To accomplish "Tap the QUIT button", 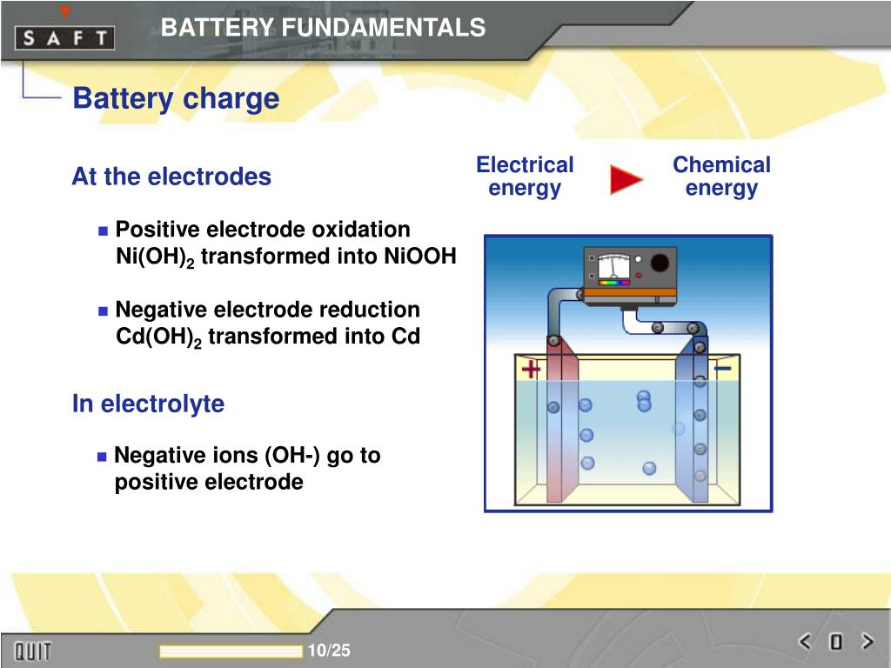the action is (32, 651).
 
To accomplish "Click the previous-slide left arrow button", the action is (805, 643).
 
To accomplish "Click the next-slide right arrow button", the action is (867, 643).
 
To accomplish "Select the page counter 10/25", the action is (329, 651).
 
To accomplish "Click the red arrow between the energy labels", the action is (626, 180).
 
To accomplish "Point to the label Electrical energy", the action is (525, 177).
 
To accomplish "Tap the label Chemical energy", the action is (721, 177).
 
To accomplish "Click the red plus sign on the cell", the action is (530, 371).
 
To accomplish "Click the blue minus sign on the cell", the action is (722, 369).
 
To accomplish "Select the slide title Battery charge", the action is (176, 98).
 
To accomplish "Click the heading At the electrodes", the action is (171, 177).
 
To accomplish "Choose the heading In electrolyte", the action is (148, 404).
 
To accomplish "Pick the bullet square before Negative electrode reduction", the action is (103, 311).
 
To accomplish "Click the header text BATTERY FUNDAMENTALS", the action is (323, 28).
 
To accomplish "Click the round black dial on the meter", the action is (660, 263).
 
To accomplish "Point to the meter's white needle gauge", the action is (614, 266).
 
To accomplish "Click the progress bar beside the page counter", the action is (231, 651).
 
